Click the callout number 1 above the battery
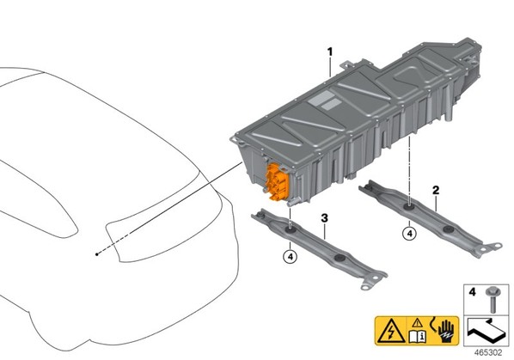click(x=330, y=52)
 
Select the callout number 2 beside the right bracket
click(x=436, y=190)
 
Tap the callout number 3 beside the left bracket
click(x=324, y=218)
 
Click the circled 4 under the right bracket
click(x=409, y=234)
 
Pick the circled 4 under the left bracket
click(x=291, y=257)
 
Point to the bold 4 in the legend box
click(x=472, y=292)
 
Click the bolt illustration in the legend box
click(x=492, y=299)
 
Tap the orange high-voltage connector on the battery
click(x=277, y=182)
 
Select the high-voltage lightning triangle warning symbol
click(x=391, y=332)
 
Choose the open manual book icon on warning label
click(x=418, y=337)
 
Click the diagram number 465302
click(x=488, y=353)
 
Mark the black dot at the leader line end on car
click(x=97, y=254)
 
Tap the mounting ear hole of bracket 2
click(x=498, y=245)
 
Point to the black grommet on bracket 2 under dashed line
click(x=409, y=208)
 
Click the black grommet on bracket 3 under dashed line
click(x=291, y=231)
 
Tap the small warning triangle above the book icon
click(x=417, y=323)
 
